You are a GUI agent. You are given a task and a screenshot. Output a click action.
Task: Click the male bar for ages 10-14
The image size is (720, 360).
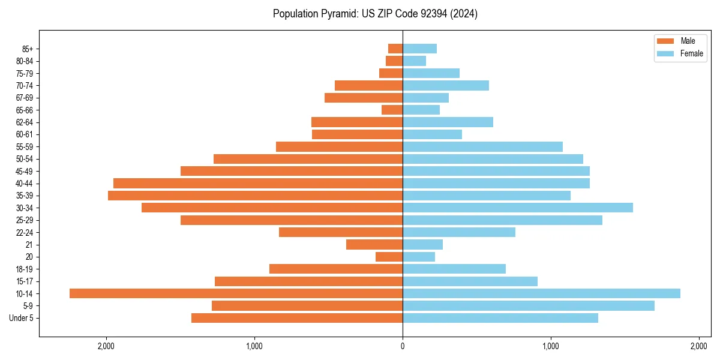(x=236, y=293)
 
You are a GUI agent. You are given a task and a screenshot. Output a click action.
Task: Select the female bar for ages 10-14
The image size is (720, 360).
(x=541, y=293)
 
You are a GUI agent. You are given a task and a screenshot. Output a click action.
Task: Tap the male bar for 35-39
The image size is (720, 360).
(x=255, y=196)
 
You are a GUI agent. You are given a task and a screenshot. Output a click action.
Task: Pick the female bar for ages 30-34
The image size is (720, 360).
(x=518, y=208)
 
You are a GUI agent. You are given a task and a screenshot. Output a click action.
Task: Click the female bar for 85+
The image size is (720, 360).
(x=419, y=49)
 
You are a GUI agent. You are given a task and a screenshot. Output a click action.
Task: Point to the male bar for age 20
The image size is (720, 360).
(x=389, y=257)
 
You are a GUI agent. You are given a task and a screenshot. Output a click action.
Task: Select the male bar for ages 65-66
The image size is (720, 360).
(x=392, y=110)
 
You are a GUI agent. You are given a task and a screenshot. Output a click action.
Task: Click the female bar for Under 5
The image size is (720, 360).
(x=500, y=318)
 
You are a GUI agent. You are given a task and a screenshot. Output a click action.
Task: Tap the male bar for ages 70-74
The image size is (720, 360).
(x=368, y=85)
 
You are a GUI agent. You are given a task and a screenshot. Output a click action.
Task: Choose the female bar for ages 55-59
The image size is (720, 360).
(x=482, y=146)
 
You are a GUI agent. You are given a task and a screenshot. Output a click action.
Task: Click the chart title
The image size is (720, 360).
(x=375, y=14)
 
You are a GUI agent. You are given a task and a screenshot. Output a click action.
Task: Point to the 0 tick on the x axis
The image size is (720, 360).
(x=403, y=346)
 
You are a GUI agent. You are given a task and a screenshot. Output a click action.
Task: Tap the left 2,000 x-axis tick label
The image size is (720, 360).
(x=106, y=346)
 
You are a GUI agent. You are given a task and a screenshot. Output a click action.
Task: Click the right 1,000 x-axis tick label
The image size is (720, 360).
(x=551, y=346)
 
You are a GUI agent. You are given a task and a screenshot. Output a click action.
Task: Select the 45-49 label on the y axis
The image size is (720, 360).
(x=25, y=171)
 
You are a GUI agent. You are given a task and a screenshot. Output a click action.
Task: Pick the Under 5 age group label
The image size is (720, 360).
(x=22, y=318)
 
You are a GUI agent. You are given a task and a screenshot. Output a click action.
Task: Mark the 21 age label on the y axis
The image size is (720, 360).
(x=29, y=245)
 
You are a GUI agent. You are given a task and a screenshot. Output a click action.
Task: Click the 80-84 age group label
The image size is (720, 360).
(x=25, y=61)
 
